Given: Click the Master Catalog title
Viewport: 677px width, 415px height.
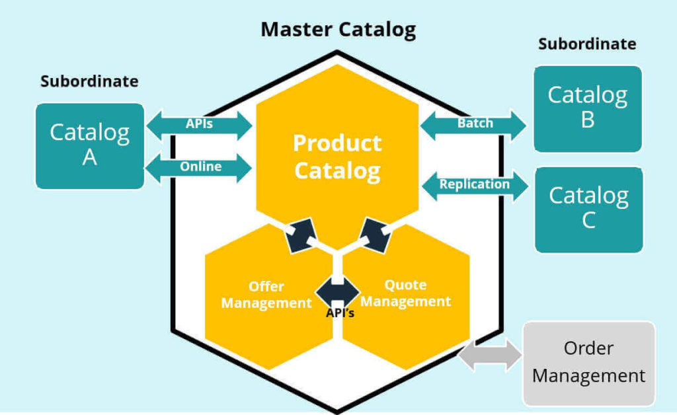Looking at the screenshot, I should point(338,30).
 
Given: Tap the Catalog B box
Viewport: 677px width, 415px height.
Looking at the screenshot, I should point(587,108).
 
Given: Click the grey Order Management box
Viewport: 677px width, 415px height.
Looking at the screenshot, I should point(588,363).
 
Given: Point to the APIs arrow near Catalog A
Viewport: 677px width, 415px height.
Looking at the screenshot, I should point(199,124).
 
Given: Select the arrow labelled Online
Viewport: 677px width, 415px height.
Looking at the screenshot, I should point(199,167).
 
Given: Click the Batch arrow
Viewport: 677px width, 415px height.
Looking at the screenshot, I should point(473,124).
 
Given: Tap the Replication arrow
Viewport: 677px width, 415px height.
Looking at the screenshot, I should point(475,184).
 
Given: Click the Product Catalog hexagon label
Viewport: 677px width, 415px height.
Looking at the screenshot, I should point(337,157).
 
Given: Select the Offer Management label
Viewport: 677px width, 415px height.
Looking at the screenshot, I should point(266,295).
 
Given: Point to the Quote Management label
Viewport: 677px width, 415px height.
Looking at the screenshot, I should point(406,293).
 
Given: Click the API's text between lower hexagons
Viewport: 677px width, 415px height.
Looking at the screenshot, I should point(340,313).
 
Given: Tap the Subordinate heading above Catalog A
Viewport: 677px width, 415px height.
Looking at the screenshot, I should point(89,81).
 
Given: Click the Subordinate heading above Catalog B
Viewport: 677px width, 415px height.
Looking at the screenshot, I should point(587,44).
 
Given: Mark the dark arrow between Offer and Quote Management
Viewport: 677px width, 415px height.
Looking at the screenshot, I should point(338,290).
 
